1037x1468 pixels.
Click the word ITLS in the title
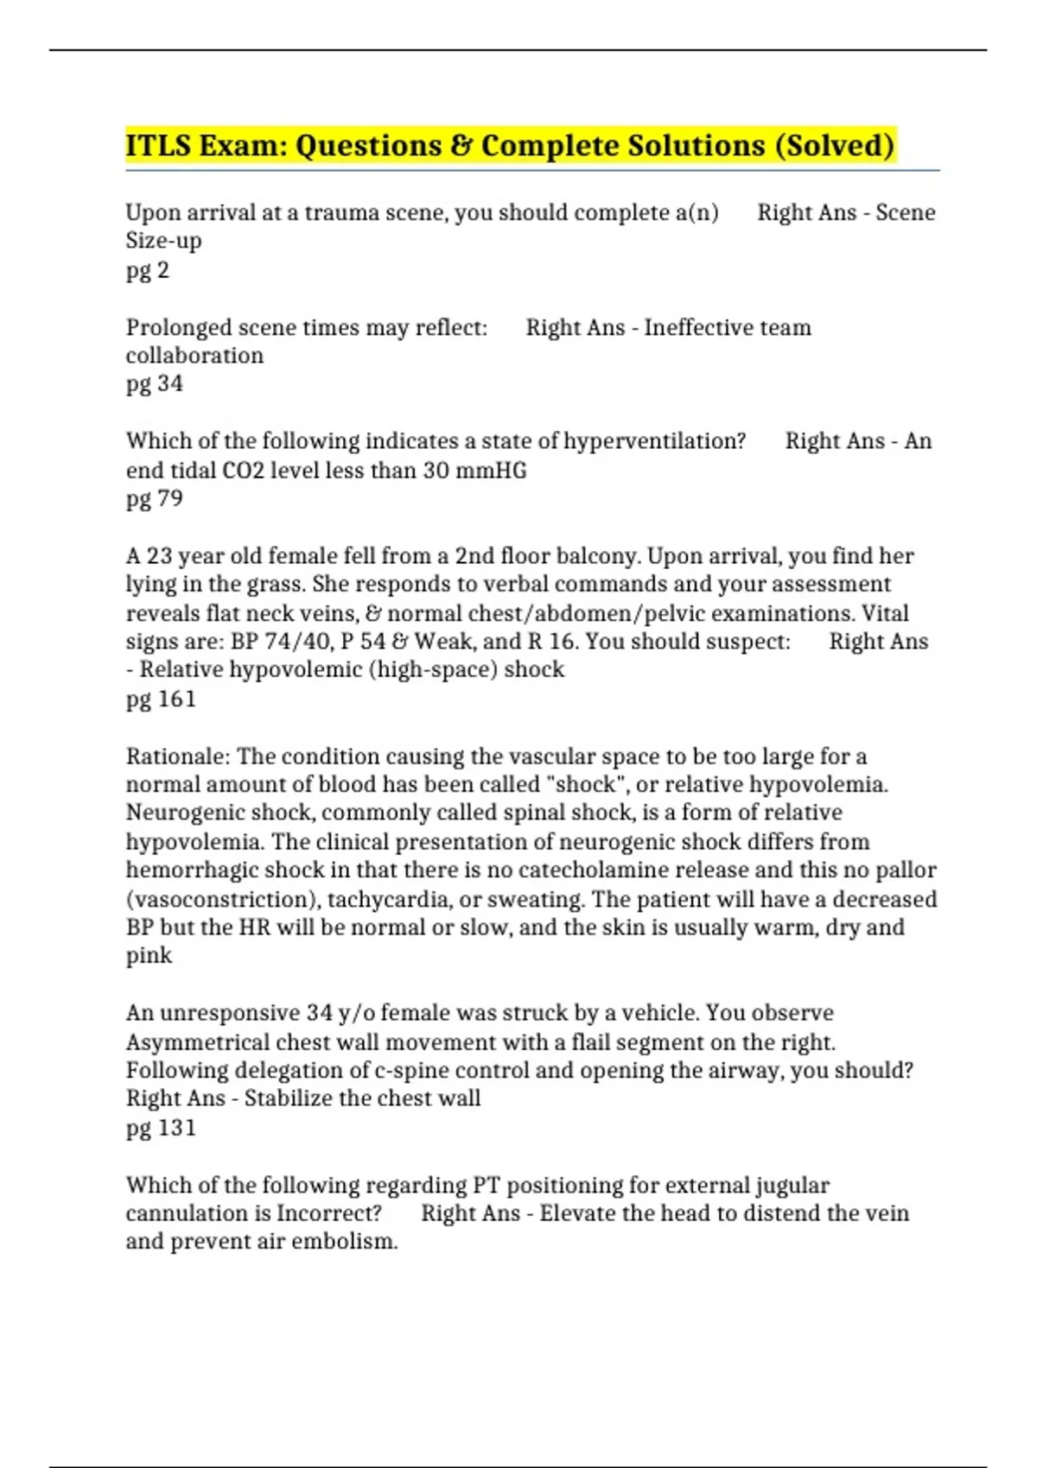tap(158, 145)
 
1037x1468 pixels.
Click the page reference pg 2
tap(148, 270)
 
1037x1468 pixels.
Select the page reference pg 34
tap(155, 383)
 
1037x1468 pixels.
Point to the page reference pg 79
tap(155, 498)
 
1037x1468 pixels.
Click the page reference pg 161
tap(162, 699)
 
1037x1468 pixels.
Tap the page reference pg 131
tap(162, 1128)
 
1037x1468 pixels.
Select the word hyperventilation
tap(654, 441)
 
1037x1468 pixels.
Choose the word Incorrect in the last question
tap(329, 1213)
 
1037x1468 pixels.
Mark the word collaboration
tap(194, 356)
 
